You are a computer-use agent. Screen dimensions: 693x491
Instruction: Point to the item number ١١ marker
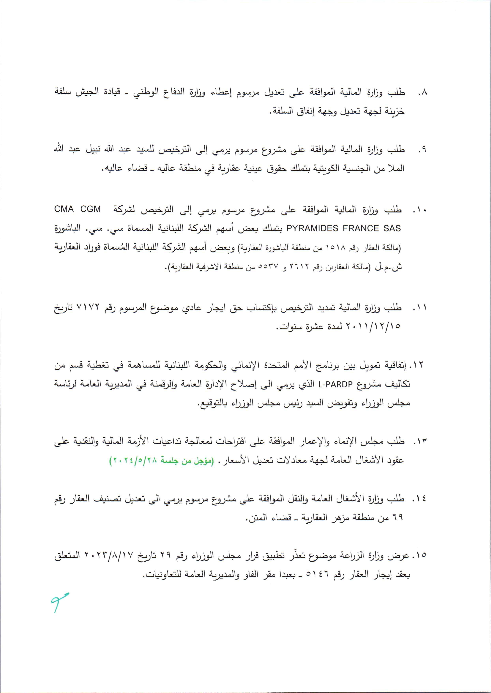[x=420, y=308]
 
